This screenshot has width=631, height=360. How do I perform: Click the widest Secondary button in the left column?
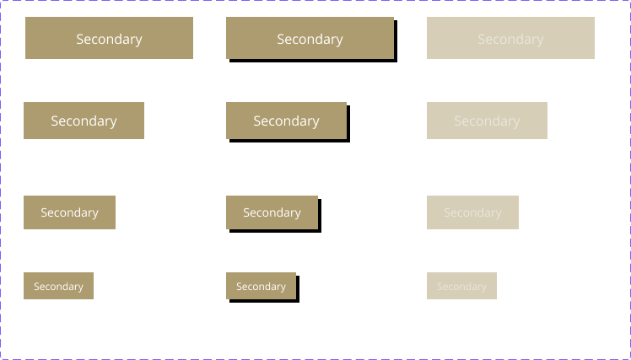pos(109,38)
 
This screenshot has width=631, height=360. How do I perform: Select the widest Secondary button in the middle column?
pos(310,38)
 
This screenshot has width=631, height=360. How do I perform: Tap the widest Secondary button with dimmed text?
pos(510,38)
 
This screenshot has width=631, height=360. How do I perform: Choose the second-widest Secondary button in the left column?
pos(84,121)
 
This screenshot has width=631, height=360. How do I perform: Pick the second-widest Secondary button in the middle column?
pos(286,121)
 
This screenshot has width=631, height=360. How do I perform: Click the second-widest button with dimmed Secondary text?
pos(487,121)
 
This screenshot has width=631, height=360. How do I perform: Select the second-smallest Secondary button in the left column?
pos(69,212)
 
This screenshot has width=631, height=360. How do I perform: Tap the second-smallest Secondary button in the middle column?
pos(272,212)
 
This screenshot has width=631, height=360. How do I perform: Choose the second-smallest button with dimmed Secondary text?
pos(472,212)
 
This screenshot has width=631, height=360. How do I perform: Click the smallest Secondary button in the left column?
pos(58,286)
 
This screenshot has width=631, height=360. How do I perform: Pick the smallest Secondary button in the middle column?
pos(261,286)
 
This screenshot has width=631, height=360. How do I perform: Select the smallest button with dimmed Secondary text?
pos(461,286)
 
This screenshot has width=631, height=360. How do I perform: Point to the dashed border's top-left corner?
pos(2,2)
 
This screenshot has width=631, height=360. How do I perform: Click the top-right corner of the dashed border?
pos(628,2)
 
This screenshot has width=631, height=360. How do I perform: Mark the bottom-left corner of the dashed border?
pos(2,357)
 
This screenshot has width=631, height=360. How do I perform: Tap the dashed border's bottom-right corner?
pos(628,357)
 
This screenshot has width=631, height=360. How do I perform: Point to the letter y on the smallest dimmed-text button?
pos(484,287)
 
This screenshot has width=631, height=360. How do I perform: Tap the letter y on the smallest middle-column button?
pos(283,287)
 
